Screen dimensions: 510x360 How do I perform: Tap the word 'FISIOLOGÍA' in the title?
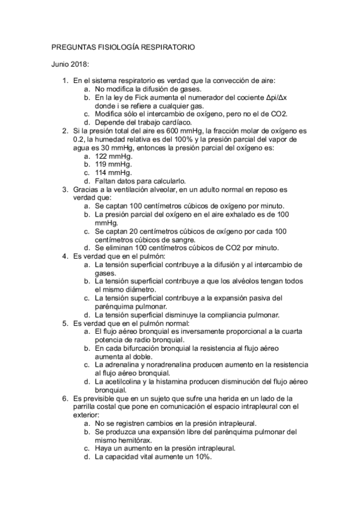coord(113,46)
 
